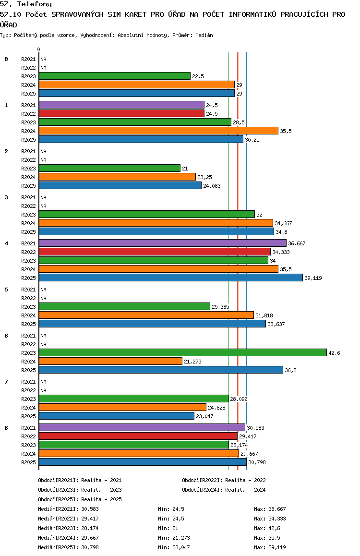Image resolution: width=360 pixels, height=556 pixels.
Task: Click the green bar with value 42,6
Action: point(183,352)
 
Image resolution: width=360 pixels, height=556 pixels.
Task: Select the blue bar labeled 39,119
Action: point(171,278)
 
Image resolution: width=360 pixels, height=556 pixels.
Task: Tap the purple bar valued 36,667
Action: point(163,243)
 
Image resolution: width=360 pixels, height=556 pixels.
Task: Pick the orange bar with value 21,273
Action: point(110,361)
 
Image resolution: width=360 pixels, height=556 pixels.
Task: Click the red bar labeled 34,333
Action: point(155,252)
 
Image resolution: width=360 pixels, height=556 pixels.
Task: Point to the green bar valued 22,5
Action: point(115,76)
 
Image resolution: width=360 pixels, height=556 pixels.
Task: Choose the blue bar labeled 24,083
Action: point(120,185)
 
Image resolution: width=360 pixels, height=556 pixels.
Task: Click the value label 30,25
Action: point(252,140)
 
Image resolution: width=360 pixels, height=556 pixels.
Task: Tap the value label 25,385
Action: point(220,307)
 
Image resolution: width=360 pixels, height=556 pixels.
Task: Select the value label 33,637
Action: point(276,324)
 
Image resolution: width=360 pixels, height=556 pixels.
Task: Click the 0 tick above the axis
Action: point(38,49)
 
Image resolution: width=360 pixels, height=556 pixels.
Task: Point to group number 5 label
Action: point(6,290)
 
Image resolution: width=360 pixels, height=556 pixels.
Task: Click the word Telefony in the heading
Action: point(35,4)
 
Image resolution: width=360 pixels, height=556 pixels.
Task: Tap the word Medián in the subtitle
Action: point(204,35)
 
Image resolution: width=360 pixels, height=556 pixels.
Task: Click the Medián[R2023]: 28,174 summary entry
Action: point(68,528)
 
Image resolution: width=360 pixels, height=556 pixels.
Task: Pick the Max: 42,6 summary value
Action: point(267,528)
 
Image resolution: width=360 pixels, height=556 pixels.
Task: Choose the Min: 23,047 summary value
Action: point(174,547)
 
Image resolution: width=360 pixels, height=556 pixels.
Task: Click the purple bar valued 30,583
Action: point(142,427)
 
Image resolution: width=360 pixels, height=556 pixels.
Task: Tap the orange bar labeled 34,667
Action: point(156,223)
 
